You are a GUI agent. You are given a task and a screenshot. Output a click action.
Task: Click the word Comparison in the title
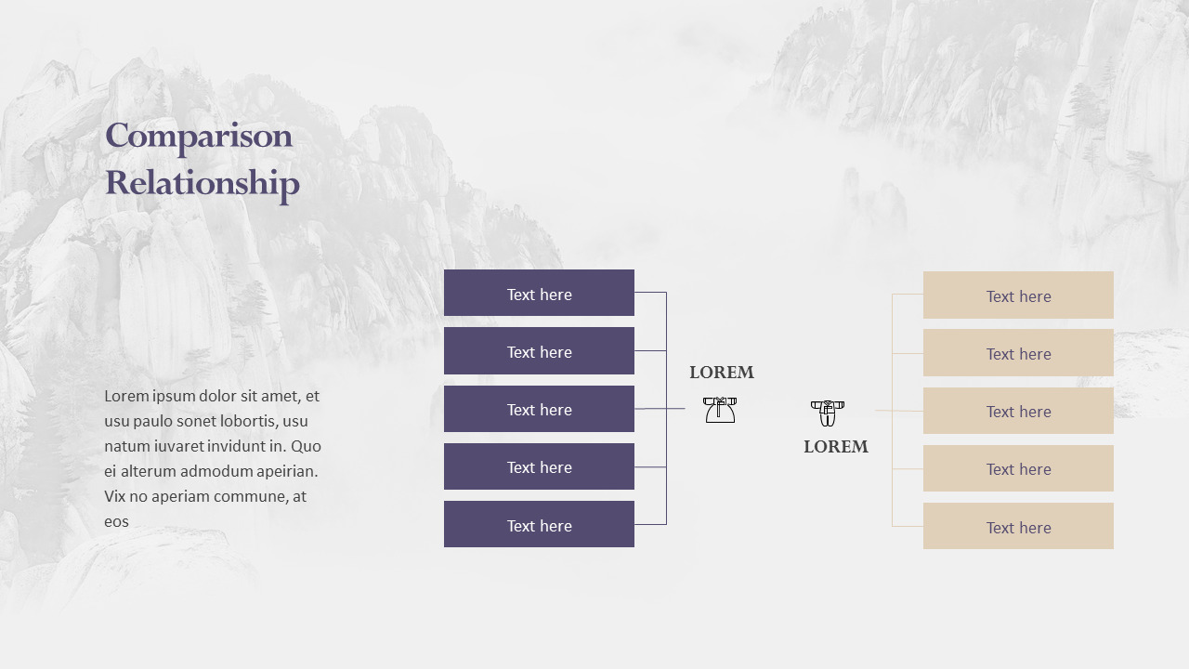coord(199,137)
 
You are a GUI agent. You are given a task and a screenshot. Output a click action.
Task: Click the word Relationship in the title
coord(203,183)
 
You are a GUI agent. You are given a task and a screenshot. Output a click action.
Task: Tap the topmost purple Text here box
coord(539,294)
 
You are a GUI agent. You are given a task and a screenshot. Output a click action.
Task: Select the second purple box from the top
coord(539,351)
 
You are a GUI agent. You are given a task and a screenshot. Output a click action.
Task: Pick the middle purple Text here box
coord(539,409)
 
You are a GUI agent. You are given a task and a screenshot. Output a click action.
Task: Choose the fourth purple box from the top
coord(539,466)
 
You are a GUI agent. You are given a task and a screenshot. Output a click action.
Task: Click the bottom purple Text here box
coord(539,525)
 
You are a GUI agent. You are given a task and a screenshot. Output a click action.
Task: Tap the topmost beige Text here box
coord(1018,295)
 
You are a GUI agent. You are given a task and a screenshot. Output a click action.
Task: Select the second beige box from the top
coord(1018,353)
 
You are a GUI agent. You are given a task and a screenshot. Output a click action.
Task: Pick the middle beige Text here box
coord(1018,411)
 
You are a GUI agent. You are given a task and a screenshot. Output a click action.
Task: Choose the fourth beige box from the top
coord(1018,468)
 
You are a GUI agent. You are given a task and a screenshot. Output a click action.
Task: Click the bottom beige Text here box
coord(1018,527)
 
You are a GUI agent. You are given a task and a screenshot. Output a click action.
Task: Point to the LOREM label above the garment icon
coord(722,373)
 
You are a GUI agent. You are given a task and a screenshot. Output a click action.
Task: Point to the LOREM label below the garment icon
coord(836,447)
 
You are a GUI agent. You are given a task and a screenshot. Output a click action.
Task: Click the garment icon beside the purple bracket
coord(720,410)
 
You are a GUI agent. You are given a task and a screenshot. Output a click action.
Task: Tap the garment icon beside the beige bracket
coord(827,413)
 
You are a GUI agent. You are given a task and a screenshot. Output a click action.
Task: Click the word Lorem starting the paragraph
coord(126,396)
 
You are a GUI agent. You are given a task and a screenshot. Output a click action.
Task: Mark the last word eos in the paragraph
coord(116,521)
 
